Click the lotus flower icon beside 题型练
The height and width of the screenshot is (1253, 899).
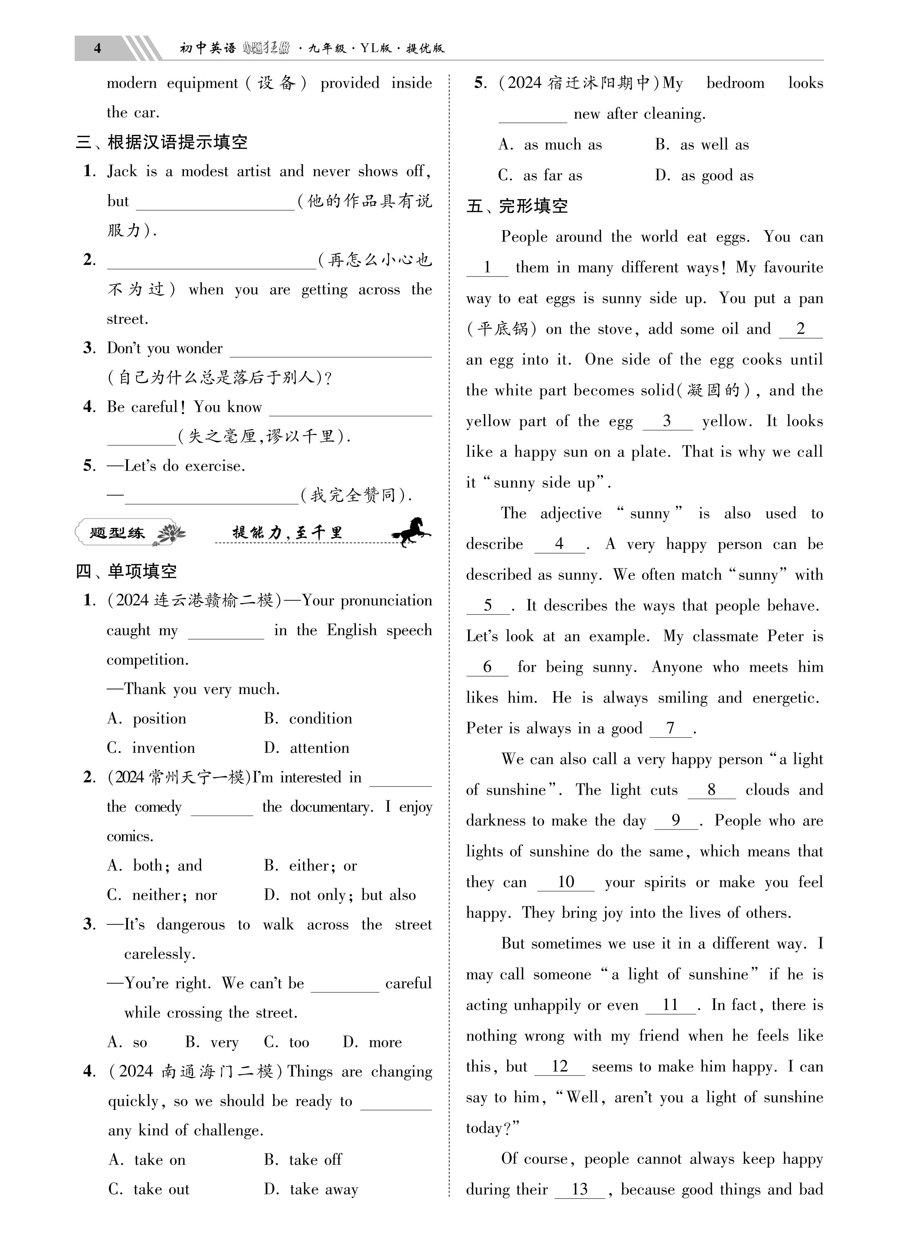(171, 534)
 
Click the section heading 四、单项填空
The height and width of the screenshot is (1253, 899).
(127, 571)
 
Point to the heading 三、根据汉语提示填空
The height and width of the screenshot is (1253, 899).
(161, 142)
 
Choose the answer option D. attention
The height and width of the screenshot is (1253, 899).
(307, 748)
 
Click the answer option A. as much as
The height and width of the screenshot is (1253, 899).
(550, 145)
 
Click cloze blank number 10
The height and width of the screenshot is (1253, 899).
(566, 882)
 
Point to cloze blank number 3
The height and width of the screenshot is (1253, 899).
(667, 422)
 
